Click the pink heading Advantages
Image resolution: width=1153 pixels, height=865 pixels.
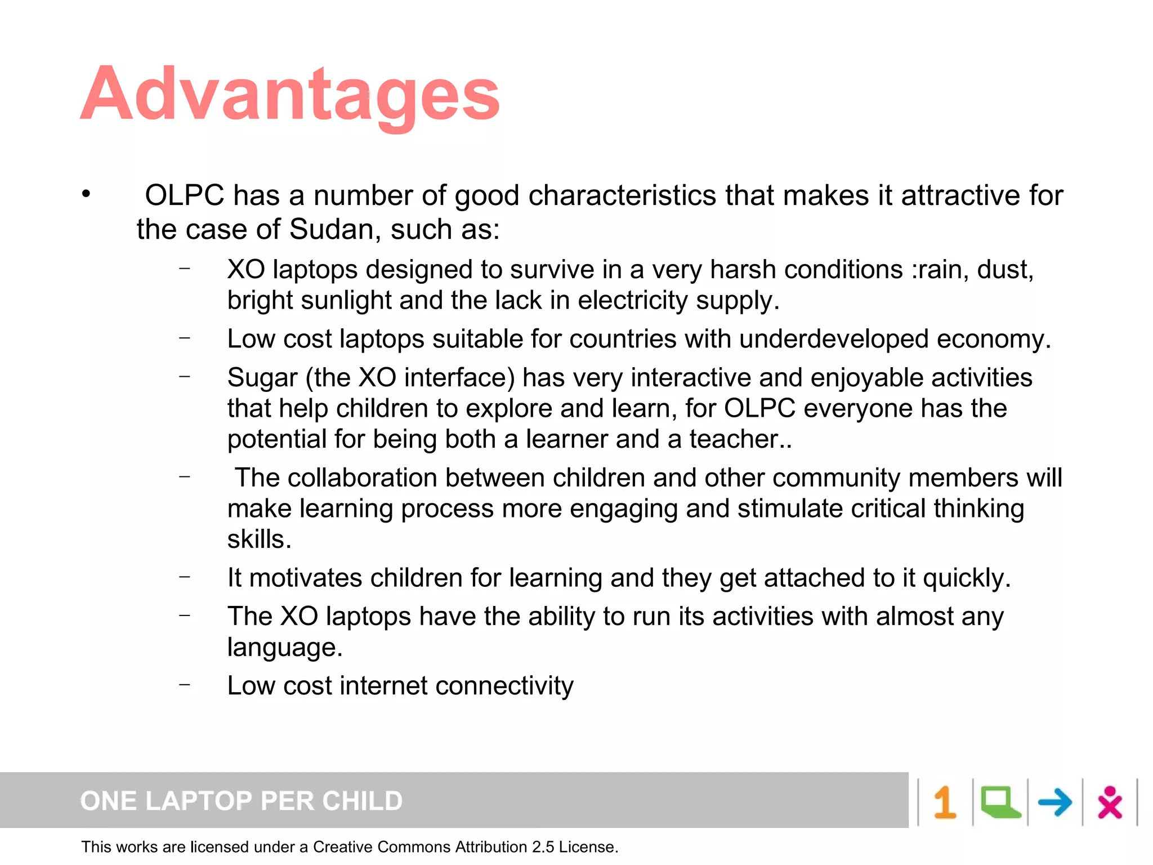(x=290, y=95)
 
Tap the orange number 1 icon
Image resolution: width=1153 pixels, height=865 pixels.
(x=945, y=802)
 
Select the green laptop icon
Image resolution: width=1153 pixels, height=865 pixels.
(x=1000, y=802)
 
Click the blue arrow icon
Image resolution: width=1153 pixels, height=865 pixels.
(x=1054, y=802)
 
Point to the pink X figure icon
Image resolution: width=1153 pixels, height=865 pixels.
(x=1110, y=802)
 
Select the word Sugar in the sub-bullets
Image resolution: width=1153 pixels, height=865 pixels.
(x=262, y=378)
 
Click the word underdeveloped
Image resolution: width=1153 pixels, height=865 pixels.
(x=834, y=339)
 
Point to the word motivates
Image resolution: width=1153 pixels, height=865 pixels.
(x=306, y=578)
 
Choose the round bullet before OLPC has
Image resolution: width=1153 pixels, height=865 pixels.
(x=86, y=194)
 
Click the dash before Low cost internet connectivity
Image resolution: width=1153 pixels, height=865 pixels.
(x=185, y=685)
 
